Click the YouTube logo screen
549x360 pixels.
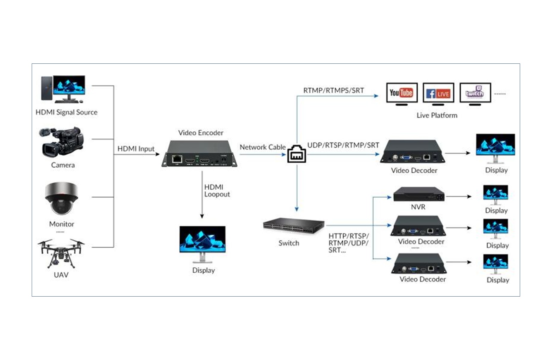401,93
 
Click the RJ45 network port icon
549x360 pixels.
297,154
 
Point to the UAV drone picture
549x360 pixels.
61,252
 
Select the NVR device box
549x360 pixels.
418,194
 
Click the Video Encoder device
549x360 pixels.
199,154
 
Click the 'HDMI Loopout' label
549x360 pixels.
217,191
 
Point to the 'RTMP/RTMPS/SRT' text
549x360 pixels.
333,91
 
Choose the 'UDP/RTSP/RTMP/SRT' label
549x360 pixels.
343,145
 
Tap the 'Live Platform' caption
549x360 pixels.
437,116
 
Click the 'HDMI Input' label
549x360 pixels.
136,149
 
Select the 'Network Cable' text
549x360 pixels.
262,147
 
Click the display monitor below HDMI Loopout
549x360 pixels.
202,243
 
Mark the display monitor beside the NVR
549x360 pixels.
495,195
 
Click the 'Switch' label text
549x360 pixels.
289,243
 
